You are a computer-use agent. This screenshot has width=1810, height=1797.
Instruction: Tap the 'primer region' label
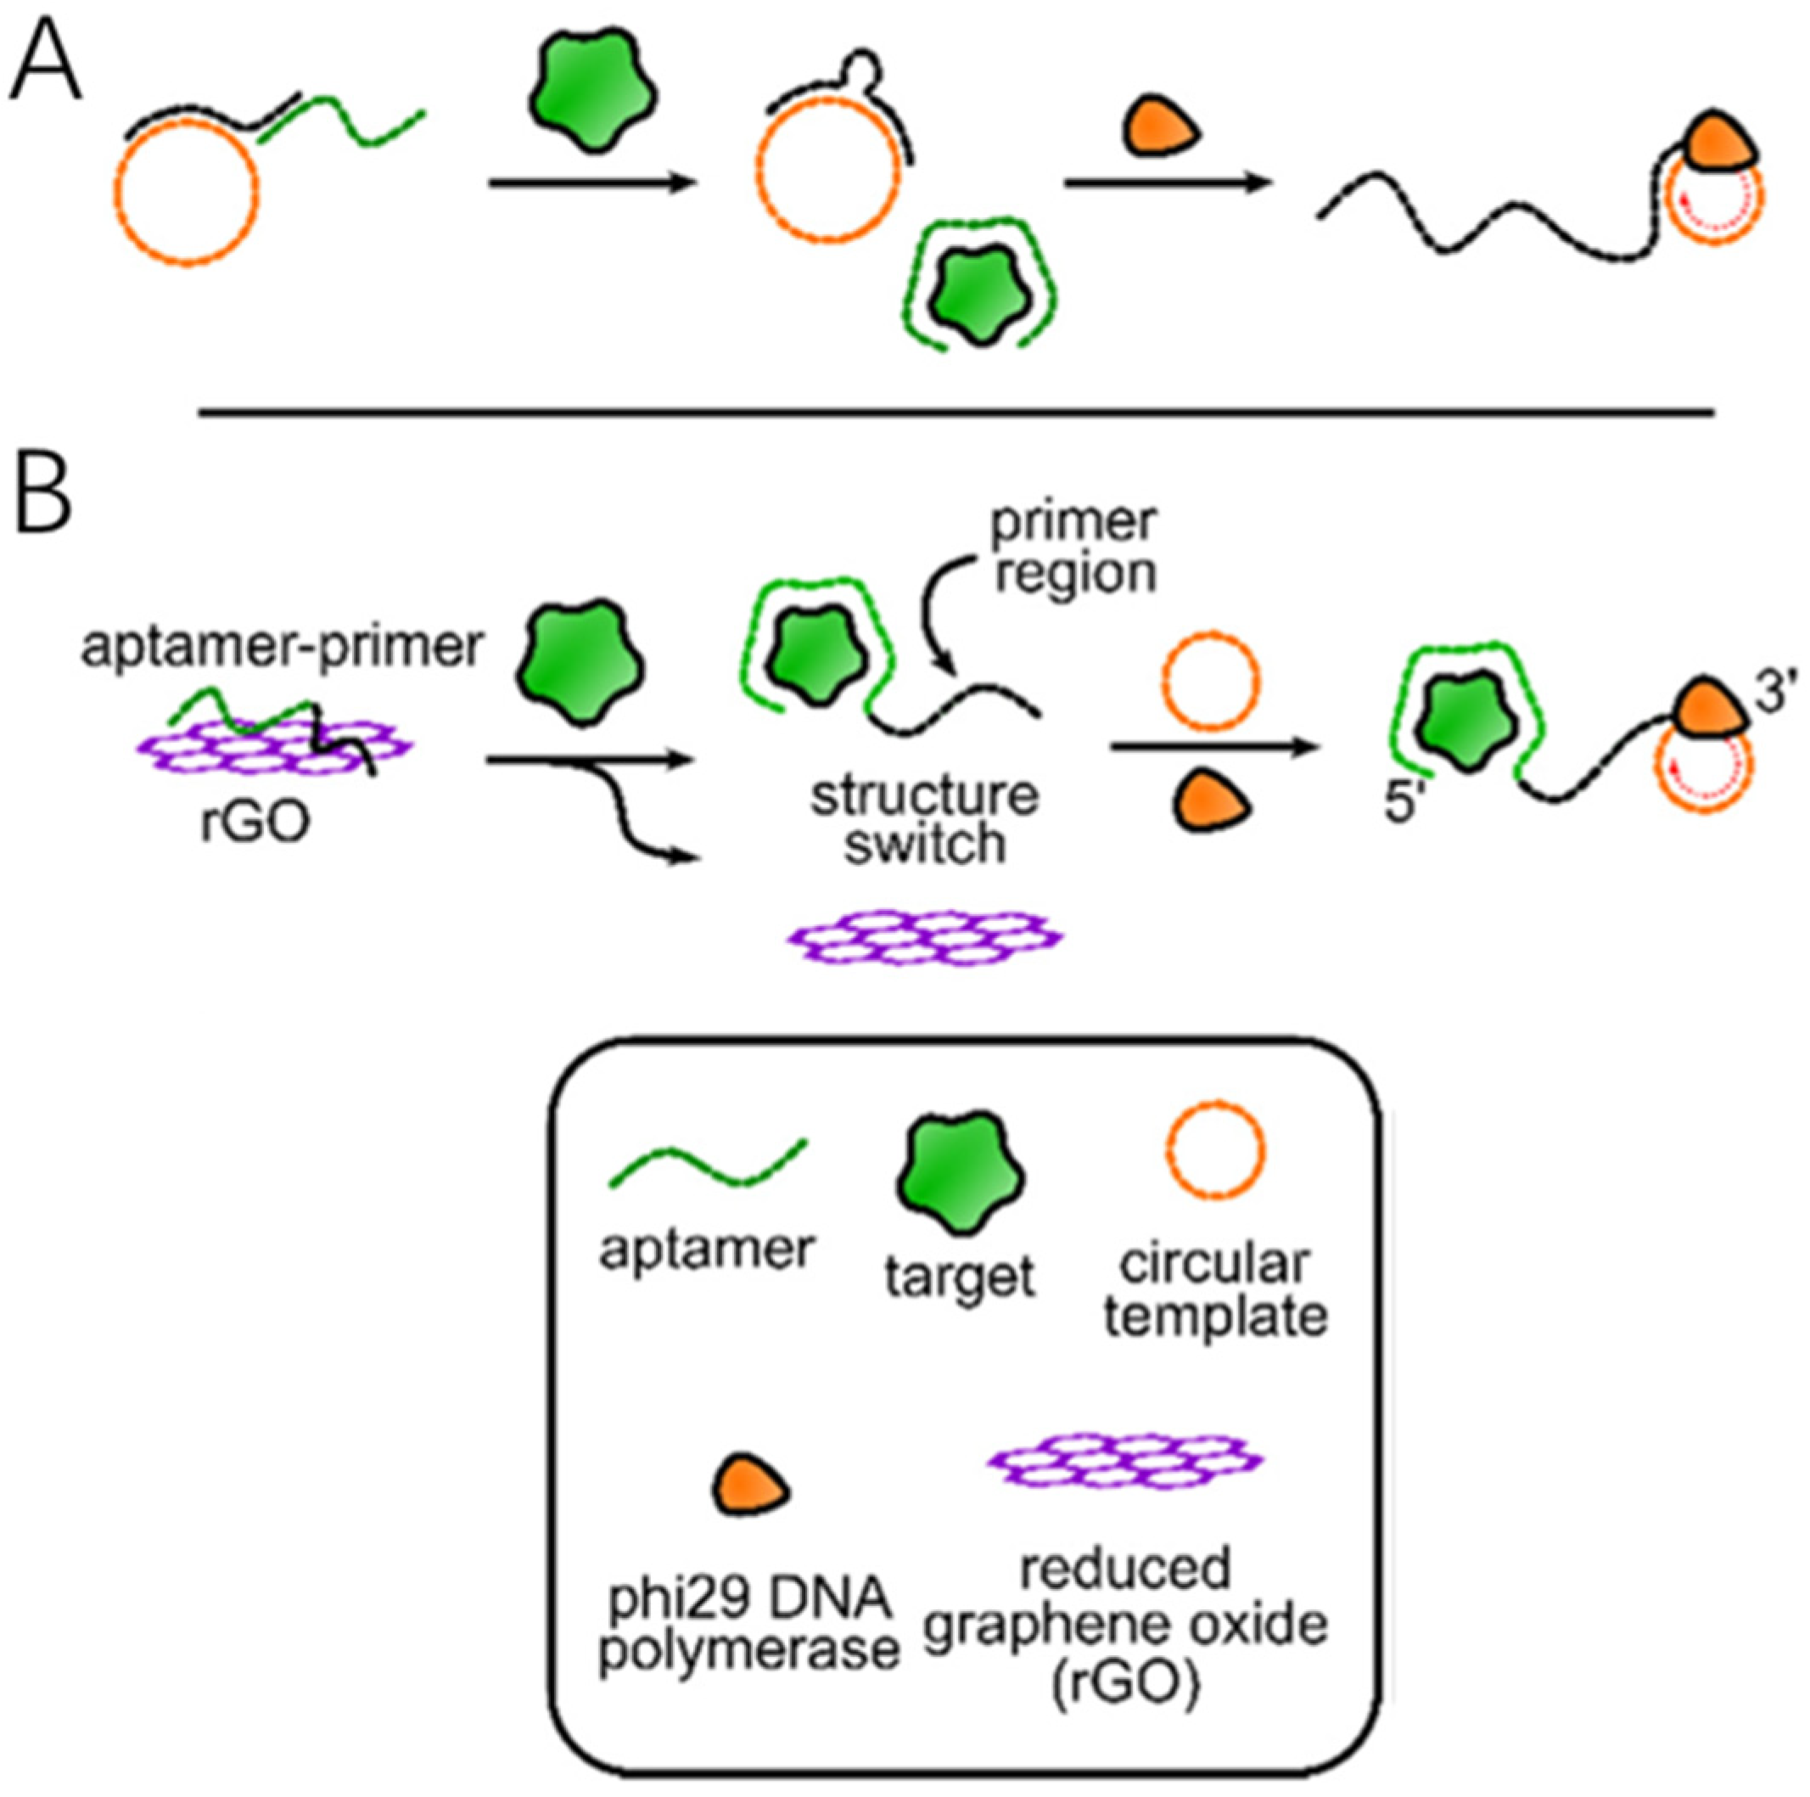[1074, 548]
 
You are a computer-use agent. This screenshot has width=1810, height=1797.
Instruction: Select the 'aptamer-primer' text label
[281, 647]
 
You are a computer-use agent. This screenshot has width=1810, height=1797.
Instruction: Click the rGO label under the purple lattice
[255, 824]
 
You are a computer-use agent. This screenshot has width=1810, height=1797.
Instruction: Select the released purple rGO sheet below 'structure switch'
[926, 936]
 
